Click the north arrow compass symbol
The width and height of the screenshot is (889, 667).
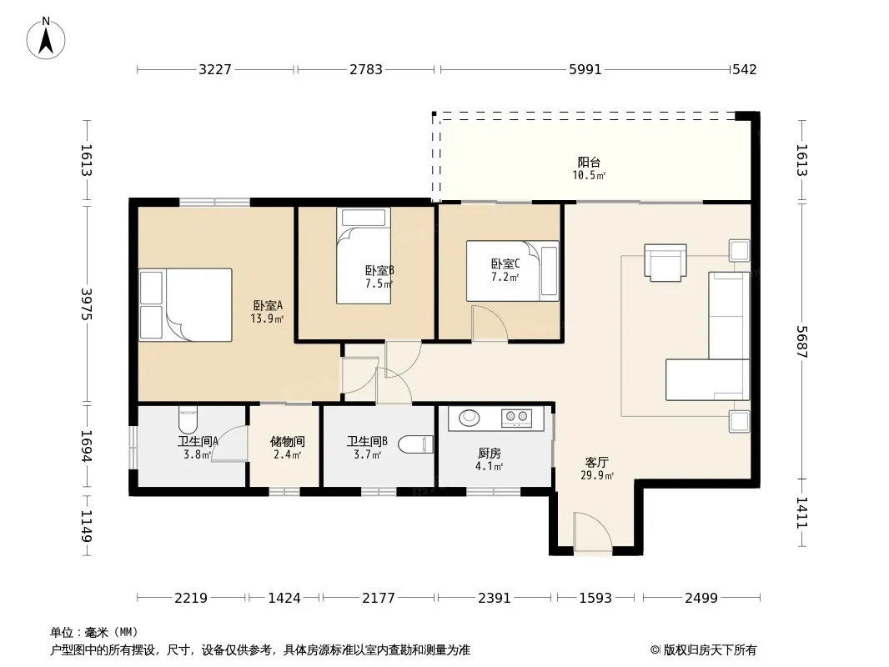46,38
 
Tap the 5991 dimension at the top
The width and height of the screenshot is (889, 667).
585,69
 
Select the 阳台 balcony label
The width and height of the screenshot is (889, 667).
589,162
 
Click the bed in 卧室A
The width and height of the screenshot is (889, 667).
185,305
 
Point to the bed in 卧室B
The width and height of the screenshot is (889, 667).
364,256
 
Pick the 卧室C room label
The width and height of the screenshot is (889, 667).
505,263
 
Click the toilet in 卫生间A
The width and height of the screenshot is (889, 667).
188,419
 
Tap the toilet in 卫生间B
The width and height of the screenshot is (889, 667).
415,444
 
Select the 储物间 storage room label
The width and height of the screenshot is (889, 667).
288,441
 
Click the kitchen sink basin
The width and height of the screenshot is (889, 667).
469,418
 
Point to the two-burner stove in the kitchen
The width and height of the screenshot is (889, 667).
516,419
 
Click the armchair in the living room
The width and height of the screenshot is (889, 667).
665,263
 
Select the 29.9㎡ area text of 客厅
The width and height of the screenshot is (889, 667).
597,475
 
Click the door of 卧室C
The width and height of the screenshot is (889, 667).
490,323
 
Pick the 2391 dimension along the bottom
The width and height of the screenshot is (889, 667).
495,597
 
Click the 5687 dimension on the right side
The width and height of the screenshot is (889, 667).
801,342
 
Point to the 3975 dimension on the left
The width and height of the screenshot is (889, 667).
86,304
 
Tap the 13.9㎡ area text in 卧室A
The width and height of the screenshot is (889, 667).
267,318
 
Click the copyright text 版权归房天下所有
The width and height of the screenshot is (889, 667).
710,650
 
